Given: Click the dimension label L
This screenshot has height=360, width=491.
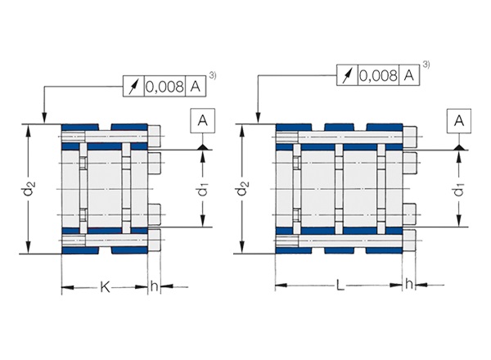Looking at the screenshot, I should [x=340, y=286].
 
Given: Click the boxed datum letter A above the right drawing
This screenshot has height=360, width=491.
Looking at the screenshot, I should [x=460, y=121].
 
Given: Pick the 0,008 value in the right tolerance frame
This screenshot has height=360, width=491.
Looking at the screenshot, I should [x=378, y=76].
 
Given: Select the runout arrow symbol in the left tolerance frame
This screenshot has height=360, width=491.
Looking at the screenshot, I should [x=133, y=85].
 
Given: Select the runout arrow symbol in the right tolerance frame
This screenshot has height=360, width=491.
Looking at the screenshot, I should [x=346, y=76].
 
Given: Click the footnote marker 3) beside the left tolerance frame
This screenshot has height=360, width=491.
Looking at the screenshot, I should [x=213, y=76].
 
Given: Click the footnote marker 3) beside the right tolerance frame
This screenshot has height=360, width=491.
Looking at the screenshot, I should [x=426, y=65].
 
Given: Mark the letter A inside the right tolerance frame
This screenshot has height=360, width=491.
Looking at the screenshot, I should [x=408, y=76].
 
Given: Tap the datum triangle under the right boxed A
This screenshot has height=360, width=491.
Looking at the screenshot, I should [x=460, y=145].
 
